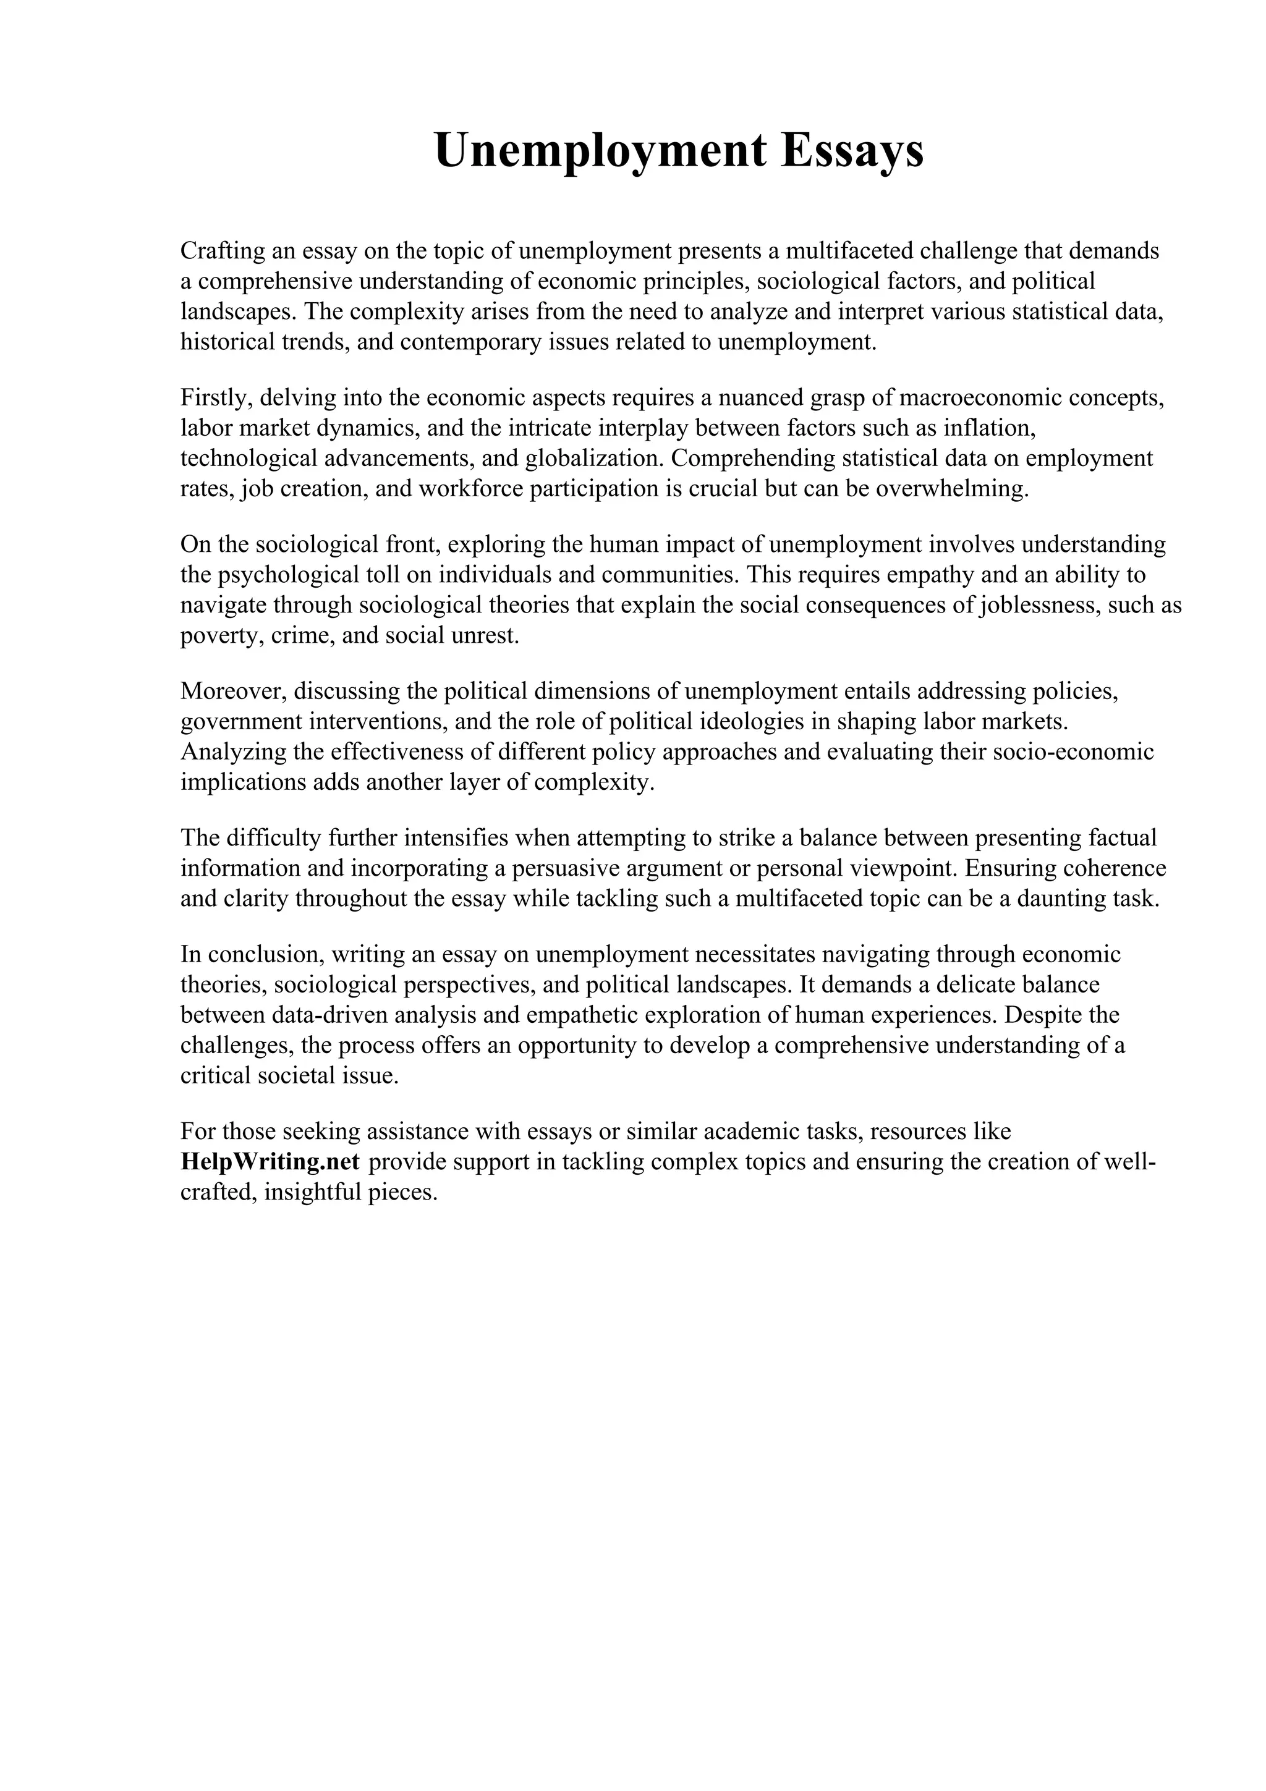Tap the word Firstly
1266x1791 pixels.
click(x=215, y=398)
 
